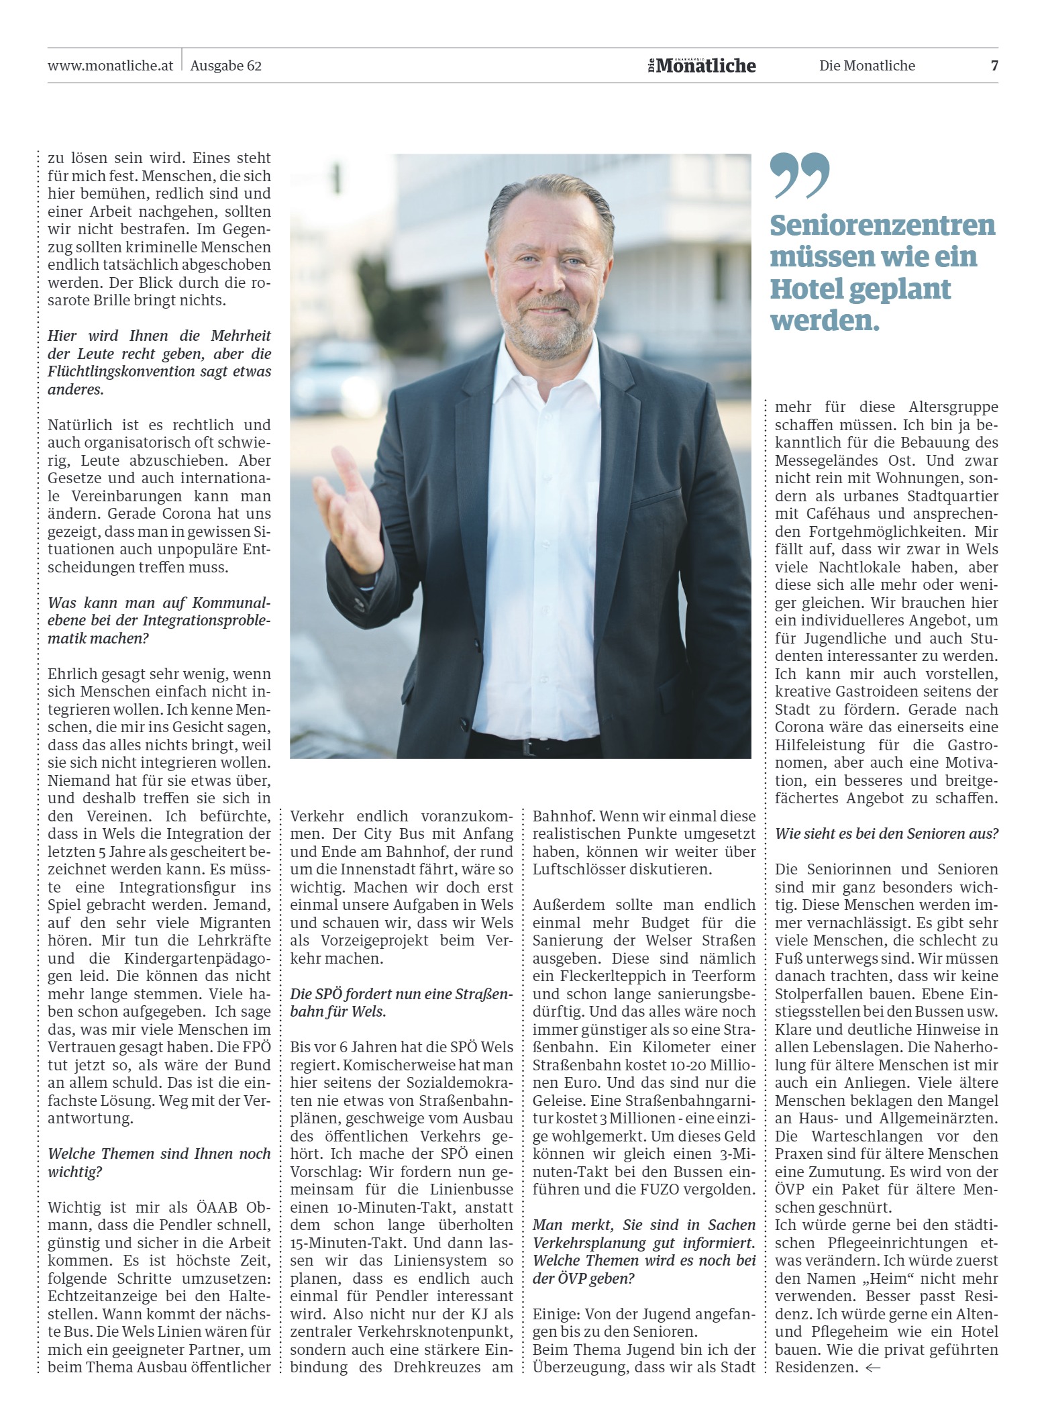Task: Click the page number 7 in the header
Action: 994,66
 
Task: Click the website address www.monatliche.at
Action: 111,66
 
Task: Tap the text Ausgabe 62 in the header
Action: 226,66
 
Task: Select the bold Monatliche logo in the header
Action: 701,65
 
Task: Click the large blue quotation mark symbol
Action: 799,175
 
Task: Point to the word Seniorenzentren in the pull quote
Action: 882,225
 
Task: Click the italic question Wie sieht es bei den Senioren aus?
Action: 886,834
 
